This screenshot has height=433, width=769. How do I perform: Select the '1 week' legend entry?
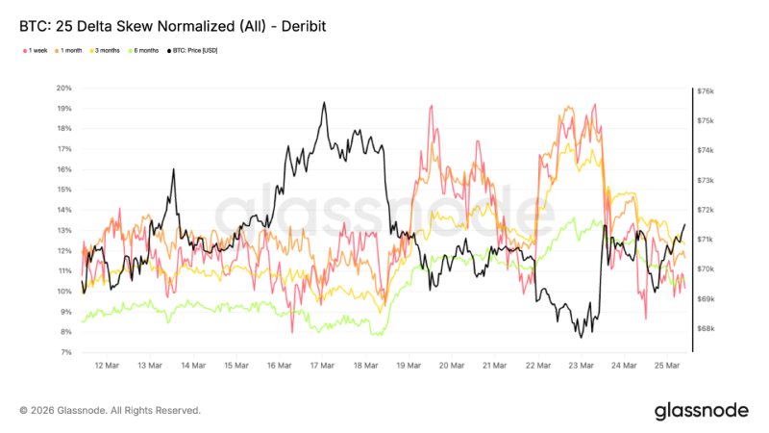[37, 50]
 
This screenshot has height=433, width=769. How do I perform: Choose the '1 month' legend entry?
[72, 50]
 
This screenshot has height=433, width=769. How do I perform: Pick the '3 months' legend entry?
[107, 50]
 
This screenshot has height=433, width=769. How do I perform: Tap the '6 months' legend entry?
[144, 50]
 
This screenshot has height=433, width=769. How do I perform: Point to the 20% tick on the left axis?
[64, 88]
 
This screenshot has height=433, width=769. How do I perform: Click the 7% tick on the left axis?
[66, 352]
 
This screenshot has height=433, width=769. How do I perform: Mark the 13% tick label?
[64, 230]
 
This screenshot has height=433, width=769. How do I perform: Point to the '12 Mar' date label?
[107, 366]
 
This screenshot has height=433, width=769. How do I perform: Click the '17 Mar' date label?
[322, 366]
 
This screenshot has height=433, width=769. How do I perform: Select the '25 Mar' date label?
[667, 366]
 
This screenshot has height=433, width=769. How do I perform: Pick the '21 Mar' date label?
[494, 366]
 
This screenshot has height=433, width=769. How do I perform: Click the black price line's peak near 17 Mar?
[324, 102]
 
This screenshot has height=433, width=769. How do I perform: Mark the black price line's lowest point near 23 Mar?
[580, 337]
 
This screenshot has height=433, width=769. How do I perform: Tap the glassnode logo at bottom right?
[701, 411]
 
